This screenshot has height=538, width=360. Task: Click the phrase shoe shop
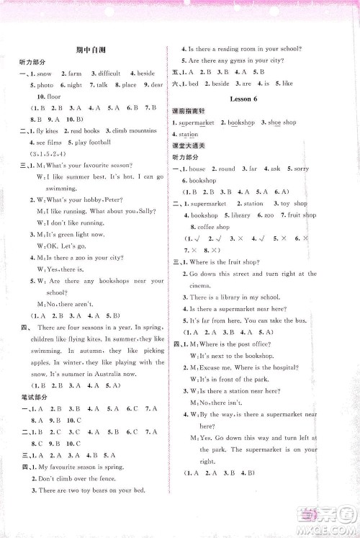click(x=279, y=122)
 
